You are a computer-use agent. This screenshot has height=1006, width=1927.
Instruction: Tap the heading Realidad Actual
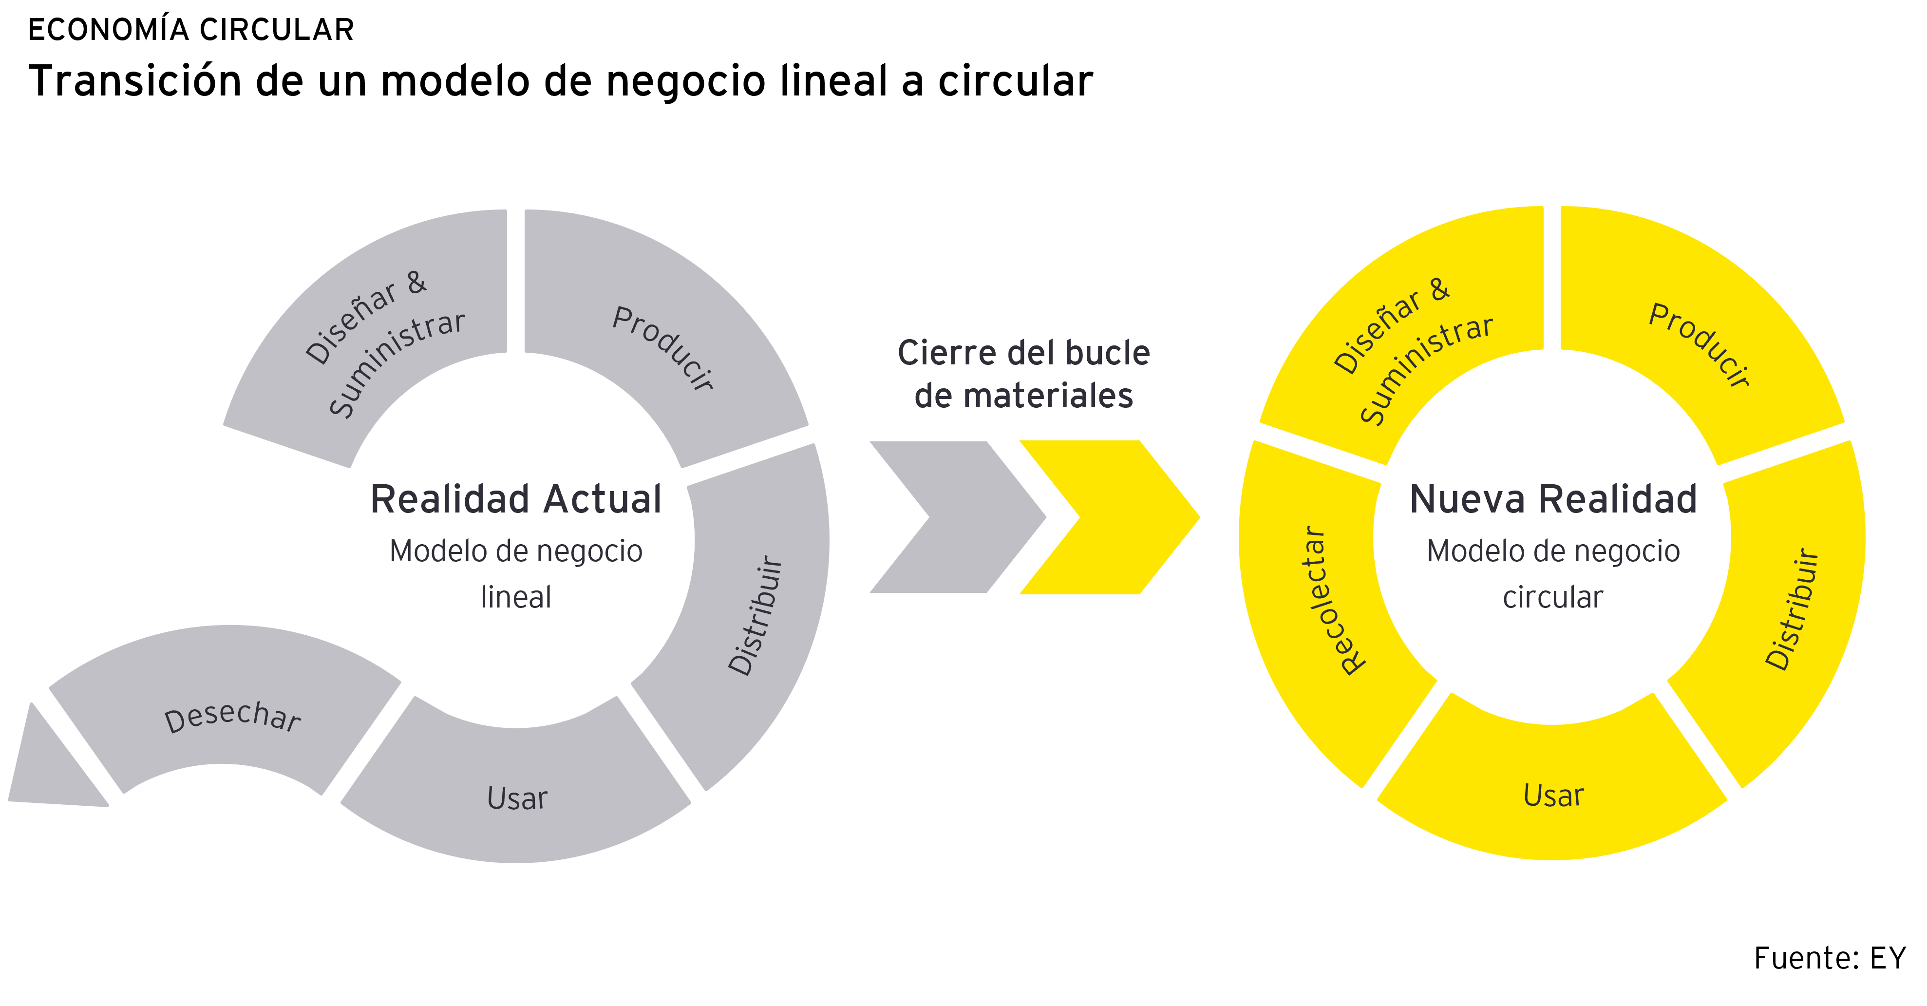pyautogui.click(x=516, y=499)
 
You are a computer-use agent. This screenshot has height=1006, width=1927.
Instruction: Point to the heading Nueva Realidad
pyautogui.click(x=1553, y=499)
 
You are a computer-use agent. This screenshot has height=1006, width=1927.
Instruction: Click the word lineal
pyautogui.click(x=516, y=597)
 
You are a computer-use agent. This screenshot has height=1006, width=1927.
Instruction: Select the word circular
pyautogui.click(x=1553, y=597)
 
